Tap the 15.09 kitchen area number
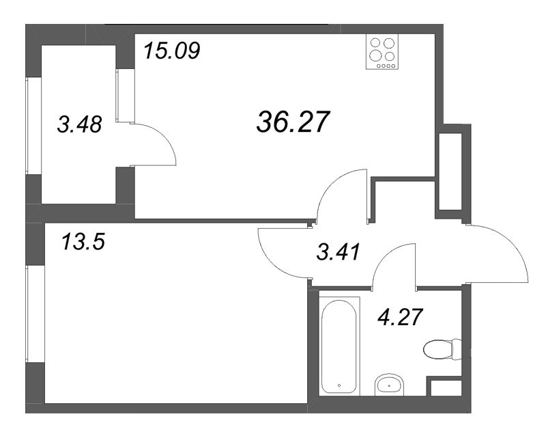(171, 51)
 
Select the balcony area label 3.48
(79, 125)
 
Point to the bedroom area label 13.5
(82, 242)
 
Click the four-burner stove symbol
(382, 52)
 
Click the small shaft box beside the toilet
(443, 388)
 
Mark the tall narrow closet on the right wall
(451, 172)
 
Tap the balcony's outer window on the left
(28, 126)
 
